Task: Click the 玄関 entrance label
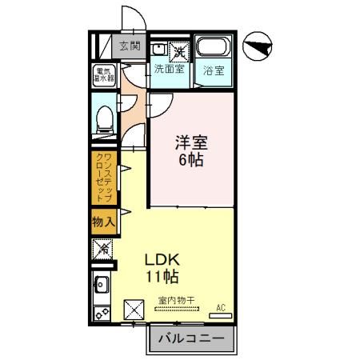pos(130,46)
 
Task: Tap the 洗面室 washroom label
pos(169,70)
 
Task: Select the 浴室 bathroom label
pos(213,70)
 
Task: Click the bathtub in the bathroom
pos(213,48)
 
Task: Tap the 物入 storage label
pos(103,221)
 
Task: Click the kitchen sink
pos(102,282)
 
